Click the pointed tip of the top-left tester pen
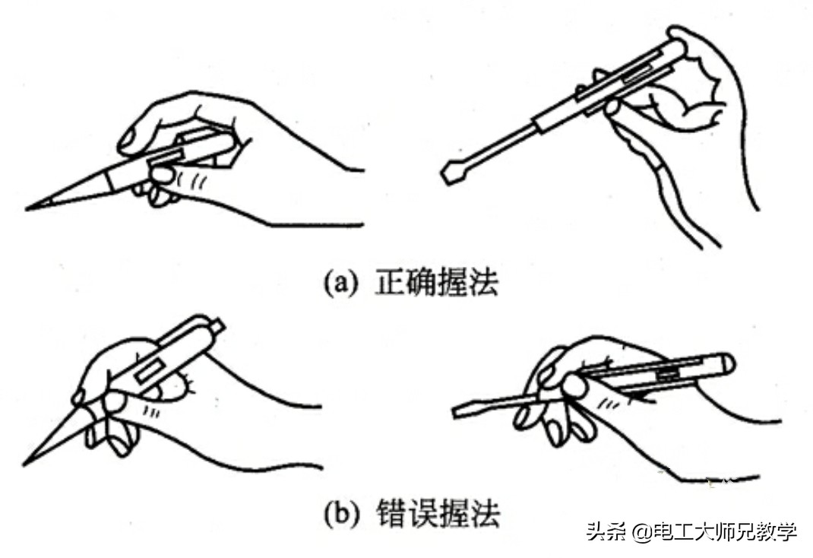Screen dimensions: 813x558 27,209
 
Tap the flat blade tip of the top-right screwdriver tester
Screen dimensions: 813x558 450,173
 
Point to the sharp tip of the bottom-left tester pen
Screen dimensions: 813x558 24,464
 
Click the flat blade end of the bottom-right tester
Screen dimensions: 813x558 457,412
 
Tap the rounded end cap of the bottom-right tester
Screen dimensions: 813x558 728,363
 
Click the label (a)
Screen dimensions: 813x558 340,283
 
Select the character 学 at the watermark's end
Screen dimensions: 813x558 786,532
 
